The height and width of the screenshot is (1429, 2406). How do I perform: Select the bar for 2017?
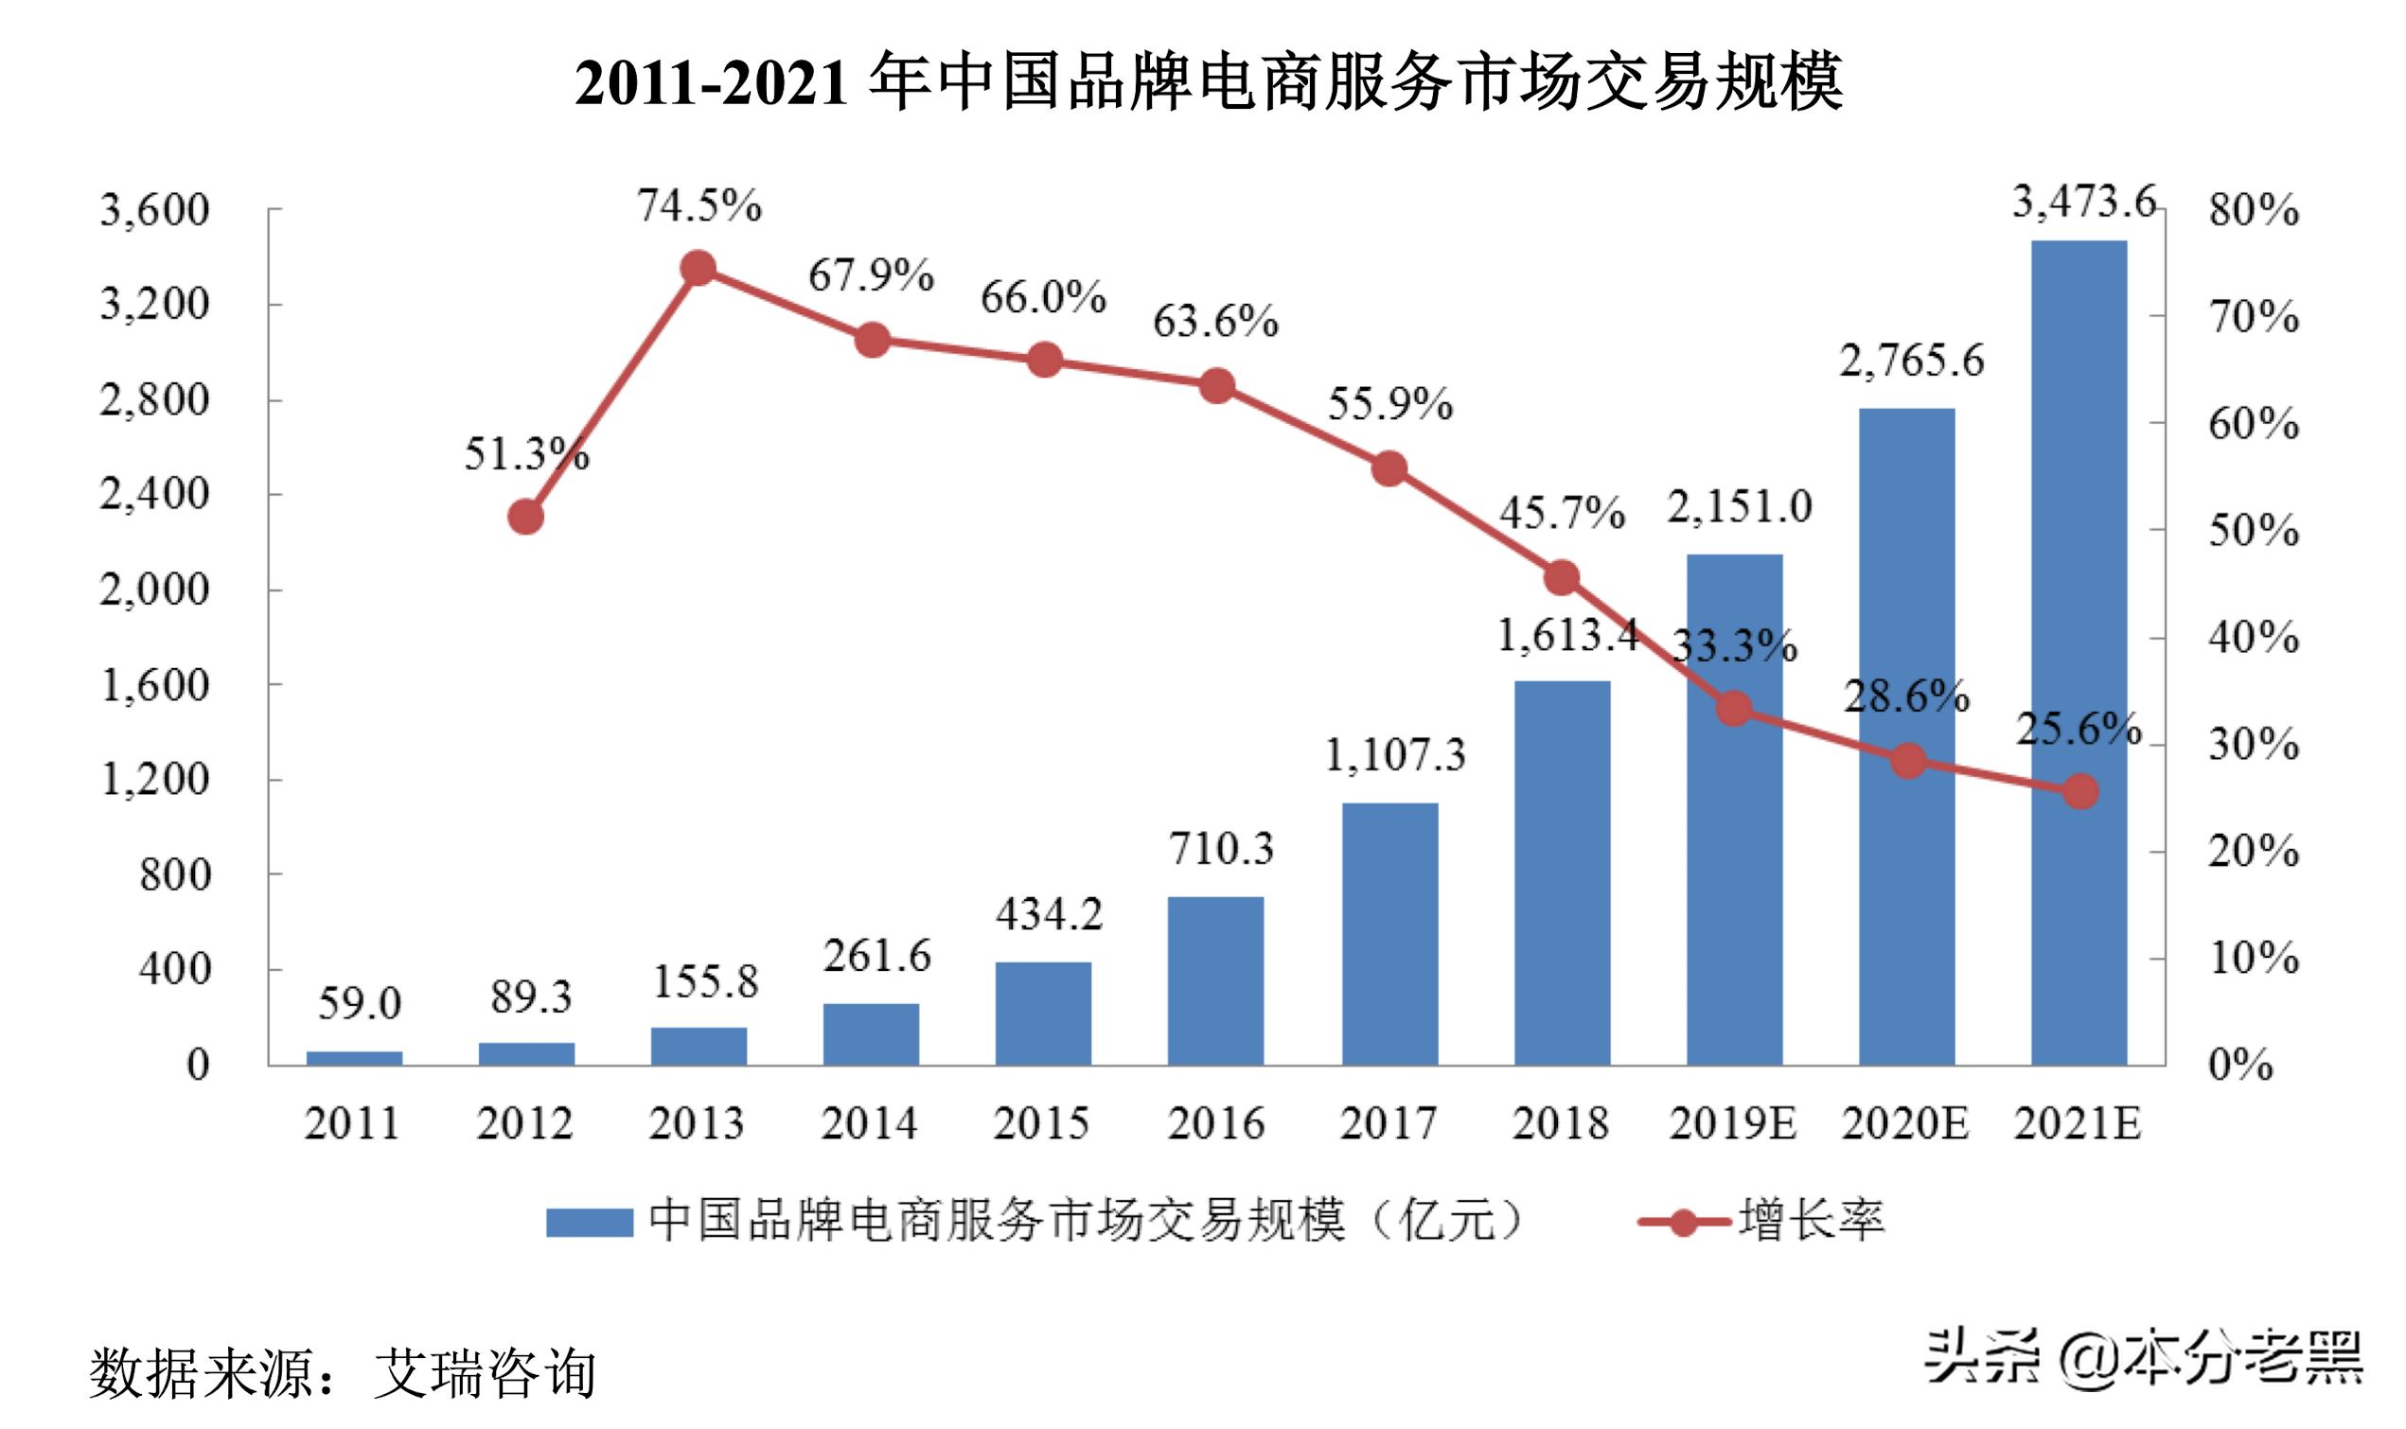[1389, 933]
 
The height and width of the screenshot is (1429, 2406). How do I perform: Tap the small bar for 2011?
[354, 1057]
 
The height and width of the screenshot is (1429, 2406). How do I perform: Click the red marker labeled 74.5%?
[698, 269]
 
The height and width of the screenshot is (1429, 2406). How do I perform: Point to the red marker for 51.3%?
[525, 517]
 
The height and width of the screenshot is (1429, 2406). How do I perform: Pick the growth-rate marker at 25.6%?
[2079, 791]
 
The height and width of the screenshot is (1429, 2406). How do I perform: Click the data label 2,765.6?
[1912, 362]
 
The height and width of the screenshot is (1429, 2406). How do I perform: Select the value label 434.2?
[1049, 914]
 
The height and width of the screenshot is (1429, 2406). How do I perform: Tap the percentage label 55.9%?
[1389, 404]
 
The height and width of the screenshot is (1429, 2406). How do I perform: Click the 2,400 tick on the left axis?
[154, 495]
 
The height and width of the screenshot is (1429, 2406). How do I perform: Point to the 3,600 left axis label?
[154, 210]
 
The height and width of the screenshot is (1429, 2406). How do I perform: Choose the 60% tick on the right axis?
[2253, 424]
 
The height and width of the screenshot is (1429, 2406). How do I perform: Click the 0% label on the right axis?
[2239, 1064]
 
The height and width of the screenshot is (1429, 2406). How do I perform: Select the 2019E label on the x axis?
[1732, 1122]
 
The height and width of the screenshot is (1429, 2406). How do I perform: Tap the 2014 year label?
[870, 1122]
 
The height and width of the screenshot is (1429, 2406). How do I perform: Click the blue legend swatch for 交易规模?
[590, 1222]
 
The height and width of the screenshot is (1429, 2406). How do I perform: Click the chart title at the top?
[1209, 81]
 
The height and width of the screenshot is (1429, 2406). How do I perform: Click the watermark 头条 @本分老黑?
[2143, 1358]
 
